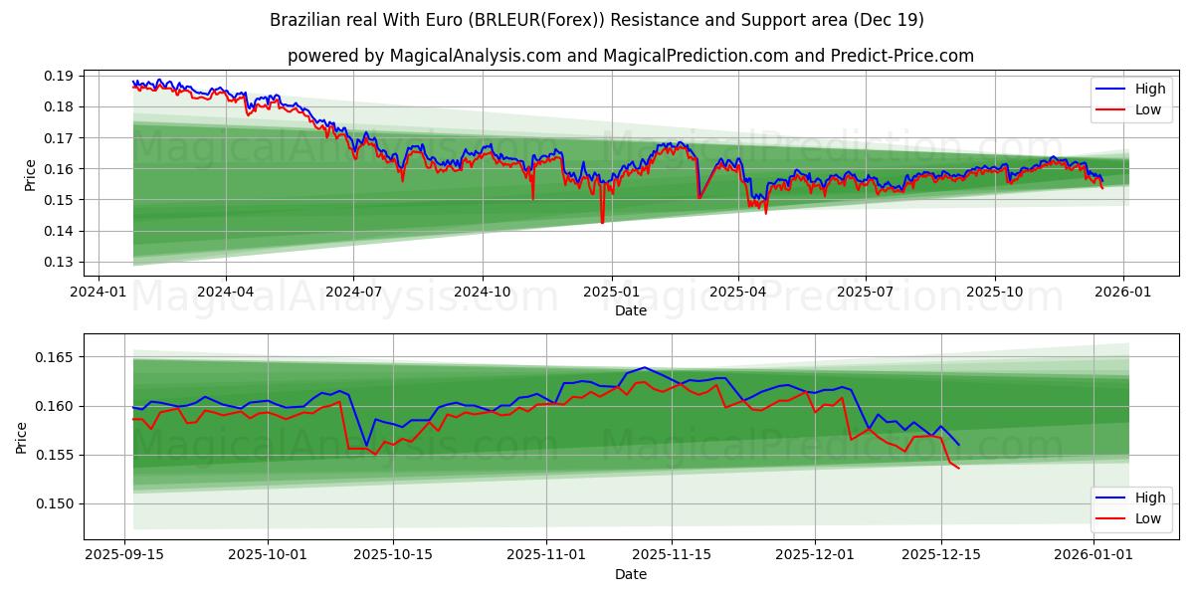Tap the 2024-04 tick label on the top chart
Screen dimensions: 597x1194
(x=225, y=292)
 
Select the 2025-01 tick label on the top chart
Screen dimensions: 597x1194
(x=611, y=292)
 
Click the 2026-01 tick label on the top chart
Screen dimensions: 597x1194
(x=1123, y=292)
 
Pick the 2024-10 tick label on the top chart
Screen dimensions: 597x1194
(x=483, y=292)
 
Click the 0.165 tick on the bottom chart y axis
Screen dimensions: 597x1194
(x=56, y=357)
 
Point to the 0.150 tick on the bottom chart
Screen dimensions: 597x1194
(x=56, y=503)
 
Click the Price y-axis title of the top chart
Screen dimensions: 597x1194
(x=31, y=175)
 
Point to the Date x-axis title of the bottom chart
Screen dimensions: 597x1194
(x=631, y=574)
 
